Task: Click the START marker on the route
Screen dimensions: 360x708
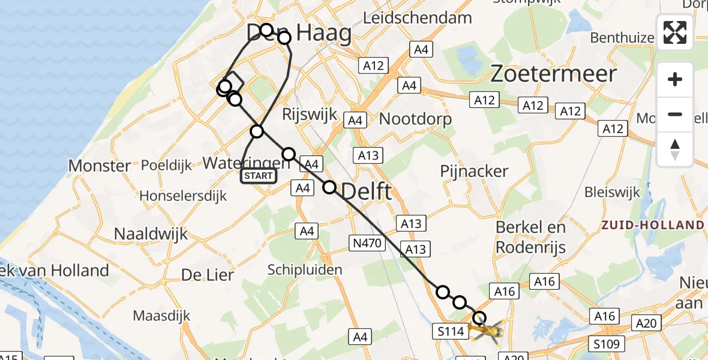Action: (259, 176)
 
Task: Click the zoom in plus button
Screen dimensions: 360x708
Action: (675, 80)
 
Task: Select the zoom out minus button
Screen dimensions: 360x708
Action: (675, 115)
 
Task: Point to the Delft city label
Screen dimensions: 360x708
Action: (367, 193)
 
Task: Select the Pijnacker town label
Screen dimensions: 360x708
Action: (474, 172)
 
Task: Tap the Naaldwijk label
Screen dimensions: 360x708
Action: (151, 233)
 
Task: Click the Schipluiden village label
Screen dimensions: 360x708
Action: (305, 269)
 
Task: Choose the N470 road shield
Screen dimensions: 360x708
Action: (366, 242)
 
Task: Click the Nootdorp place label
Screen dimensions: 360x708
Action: (415, 119)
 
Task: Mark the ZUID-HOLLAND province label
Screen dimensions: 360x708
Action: (653, 225)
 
